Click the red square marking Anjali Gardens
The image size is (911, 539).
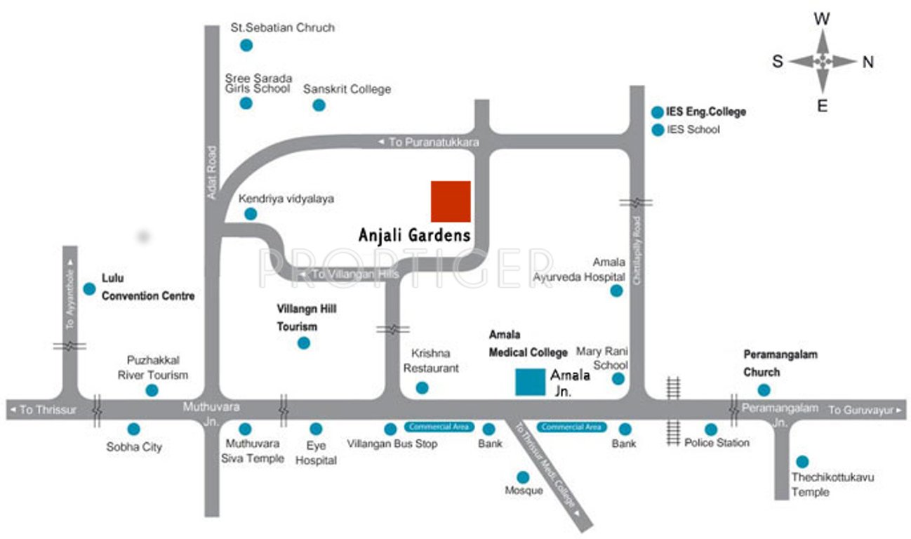coord(451,201)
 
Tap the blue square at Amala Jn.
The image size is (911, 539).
coord(530,382)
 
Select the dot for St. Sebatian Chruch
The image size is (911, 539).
coord(246,45)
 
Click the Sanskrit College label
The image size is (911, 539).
coord(347,89)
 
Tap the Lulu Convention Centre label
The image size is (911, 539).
coord(148,287)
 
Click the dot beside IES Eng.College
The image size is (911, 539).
coord(657,112)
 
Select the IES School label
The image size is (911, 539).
coord(693,130)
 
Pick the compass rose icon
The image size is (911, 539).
coord(823,62)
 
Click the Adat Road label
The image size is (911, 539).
coord(212,172)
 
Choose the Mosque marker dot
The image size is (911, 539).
coord(523,477)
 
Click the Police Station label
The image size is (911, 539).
coord(717,443)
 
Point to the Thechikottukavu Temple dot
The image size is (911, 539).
coord(802,462)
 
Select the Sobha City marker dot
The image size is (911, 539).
coord(133,429)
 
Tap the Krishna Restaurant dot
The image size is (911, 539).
coord(422,387)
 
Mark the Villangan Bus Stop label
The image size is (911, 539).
coord(392,444)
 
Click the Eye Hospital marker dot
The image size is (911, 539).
coord(316,429)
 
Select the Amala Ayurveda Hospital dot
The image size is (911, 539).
coord(616,291)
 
